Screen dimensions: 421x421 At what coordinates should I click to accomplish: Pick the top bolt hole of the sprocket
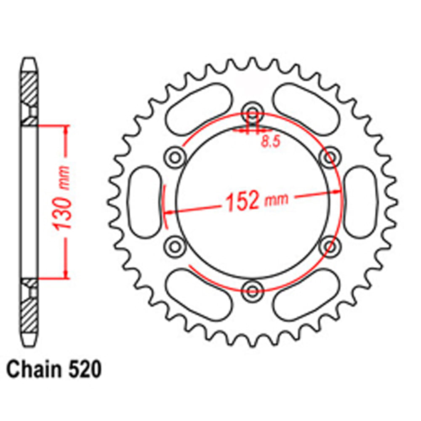(252, 113)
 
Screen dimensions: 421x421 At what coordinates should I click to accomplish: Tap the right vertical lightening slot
(360, 201)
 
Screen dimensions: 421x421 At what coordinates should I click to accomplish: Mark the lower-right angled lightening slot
(305, 295)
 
